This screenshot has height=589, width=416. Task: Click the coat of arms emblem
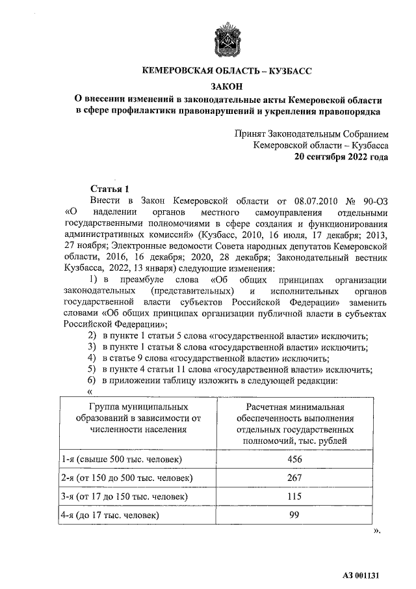[x=227, y=40]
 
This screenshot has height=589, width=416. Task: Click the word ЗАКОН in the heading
[x=227, y=86]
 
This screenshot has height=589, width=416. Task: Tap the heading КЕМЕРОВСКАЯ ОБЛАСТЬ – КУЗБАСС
[x=227, y=71]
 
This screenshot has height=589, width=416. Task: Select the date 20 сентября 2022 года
[x=342, y=157]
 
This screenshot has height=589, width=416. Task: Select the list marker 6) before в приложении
[x=92, y=380]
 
